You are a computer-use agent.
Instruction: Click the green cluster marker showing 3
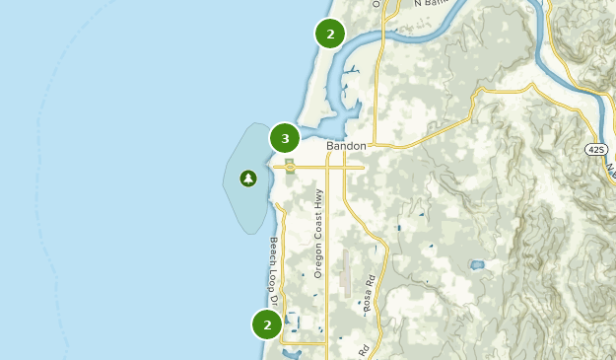pyautogui.click(x=285, y=138)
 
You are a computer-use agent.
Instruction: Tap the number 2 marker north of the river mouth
pyautogui.click(x=330, y=34)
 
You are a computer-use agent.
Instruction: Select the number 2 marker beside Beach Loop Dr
pyautogui.click(x=267, y=324)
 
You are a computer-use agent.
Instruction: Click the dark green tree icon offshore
pyautogui.click(x=247, y=179)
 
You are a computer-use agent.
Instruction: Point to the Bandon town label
pyautogui.click(x=346, y=146)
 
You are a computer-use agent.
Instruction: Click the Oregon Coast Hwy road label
pyautogui.click(x=318, y=233)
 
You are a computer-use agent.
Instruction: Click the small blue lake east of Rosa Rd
pyautogui.click(x=478, y=264)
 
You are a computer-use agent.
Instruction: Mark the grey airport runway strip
pyautogui.click(x=345, y=271)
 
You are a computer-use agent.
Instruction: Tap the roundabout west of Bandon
pyautogui.click(x=289, y=167)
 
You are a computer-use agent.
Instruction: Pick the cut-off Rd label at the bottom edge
pyautogui.click(x=364, y=350)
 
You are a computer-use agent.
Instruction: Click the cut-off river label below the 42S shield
pyautogui.click(x=610, y=168)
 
